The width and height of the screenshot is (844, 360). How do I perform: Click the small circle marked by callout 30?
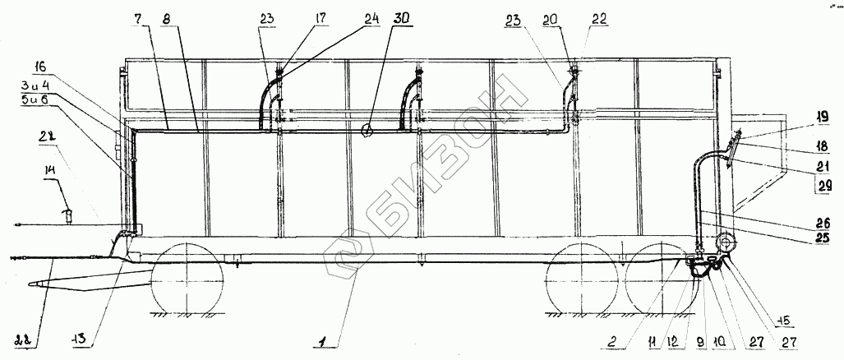(368, 129)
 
